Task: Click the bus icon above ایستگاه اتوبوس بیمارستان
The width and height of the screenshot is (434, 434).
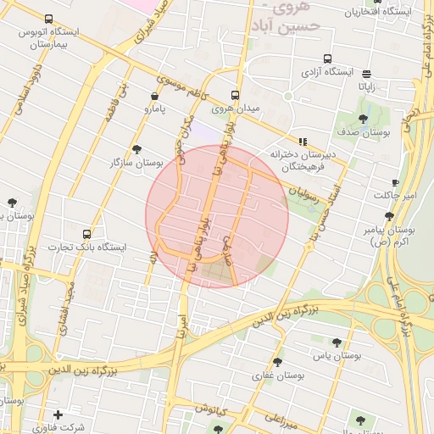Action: (48, 19)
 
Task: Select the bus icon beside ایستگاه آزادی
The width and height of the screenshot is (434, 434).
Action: (327, 59)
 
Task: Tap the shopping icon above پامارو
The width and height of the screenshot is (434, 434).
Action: (153, 97)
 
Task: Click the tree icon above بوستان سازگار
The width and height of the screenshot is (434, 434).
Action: (137, 149)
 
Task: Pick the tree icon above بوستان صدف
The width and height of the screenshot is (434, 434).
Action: (364, 119)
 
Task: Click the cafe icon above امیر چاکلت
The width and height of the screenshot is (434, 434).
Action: (395, 183)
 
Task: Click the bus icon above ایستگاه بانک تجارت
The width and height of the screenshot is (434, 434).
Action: (86, 234)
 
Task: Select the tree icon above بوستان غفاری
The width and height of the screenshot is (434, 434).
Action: (277, 362)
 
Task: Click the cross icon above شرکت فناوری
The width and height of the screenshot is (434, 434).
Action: (58, 415)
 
